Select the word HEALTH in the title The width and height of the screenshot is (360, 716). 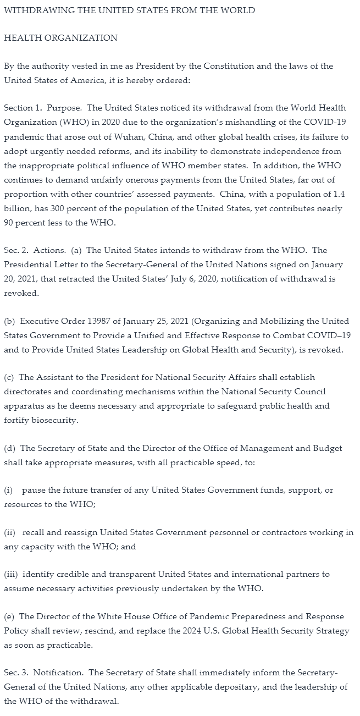22,38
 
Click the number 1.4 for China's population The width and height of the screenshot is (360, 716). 336,194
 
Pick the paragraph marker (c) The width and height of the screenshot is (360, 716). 9,377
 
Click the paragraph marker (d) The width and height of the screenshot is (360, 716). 9,448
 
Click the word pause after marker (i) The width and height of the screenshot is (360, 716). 34,490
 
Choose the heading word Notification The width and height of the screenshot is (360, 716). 62,673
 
